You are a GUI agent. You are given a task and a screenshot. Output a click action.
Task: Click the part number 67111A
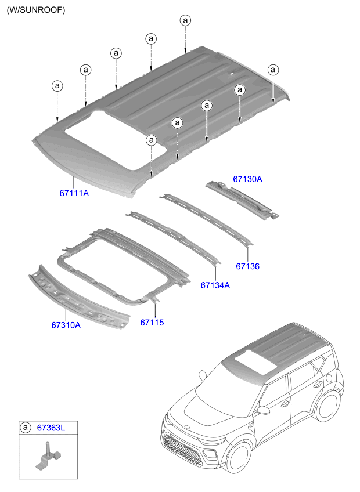[x=74, y=193]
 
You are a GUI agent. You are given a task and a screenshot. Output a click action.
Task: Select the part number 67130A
[x=247, y=179]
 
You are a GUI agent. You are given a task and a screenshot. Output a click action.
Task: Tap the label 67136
[x=248, y=266]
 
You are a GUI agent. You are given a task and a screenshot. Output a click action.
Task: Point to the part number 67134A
[x=215, y=285]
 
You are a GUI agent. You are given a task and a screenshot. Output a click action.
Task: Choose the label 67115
[x=152, y=322]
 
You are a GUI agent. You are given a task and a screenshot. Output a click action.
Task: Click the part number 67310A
[x=66, y=325]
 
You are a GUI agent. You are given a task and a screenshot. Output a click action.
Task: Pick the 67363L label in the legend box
[x=51, y=428]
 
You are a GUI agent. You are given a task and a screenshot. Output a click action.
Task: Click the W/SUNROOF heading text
[x=36, y=10]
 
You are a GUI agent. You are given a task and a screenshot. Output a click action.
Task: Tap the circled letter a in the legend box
[x=25, y=428]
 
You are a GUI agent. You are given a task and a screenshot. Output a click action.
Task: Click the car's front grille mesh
[x=182, y=449]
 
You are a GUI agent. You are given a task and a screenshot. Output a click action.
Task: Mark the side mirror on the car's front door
[x=262, y=410]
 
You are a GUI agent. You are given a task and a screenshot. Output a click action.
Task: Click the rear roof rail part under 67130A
[x=242, y=200]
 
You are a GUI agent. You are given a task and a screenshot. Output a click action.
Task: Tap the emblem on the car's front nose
[x=188, y=427]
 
